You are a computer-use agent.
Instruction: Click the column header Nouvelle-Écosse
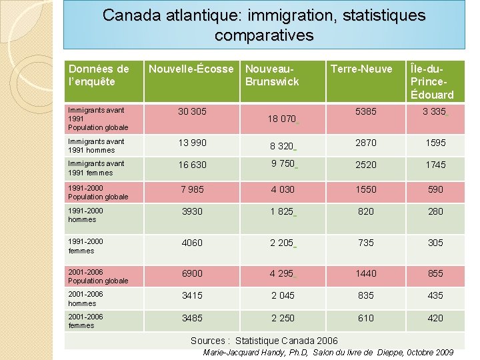(191, 69)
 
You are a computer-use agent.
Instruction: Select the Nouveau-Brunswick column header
(272, 75)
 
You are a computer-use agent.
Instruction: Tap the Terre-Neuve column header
(361, 69)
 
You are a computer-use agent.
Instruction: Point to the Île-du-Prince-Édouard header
(433, 81)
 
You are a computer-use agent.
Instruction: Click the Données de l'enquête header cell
(99, 75)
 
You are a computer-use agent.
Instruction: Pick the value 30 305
(192, 111)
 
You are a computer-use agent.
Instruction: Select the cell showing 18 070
(281, 119)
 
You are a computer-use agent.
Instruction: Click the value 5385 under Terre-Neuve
(365, 111)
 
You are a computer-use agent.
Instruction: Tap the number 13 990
(192, 143)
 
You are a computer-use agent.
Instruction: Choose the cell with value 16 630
(192, 165)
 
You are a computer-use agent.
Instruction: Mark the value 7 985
(192, 189)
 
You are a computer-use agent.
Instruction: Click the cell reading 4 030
(282, 189)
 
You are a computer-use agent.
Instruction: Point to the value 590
(435, 189)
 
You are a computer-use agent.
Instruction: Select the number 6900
(192, 273)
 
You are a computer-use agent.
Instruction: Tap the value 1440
(365, 273)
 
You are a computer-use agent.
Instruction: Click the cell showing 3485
(192, 318)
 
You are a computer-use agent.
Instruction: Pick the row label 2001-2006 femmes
(85, 321)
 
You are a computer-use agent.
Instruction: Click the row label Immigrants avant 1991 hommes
(96, 145)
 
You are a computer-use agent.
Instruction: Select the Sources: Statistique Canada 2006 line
(264, 341)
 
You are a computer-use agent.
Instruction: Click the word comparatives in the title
(264, 35)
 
